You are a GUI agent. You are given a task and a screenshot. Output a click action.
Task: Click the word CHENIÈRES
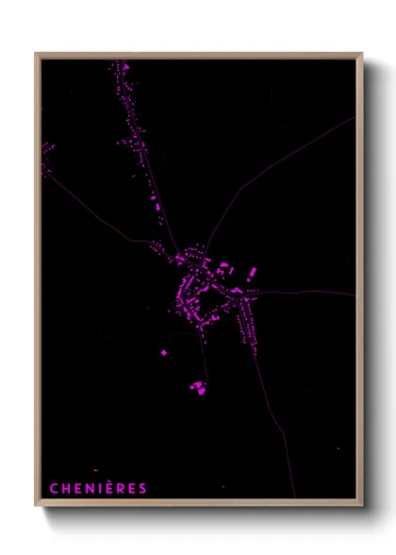98,488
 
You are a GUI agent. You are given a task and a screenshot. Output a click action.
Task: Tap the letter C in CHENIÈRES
53,488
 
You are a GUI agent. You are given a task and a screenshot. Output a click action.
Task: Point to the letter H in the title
65,488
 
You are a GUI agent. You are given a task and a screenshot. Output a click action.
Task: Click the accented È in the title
109,487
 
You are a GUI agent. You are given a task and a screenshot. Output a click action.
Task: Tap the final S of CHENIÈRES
143,488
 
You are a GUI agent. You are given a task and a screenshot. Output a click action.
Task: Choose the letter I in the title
99,488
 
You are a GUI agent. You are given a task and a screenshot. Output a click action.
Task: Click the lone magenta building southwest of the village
164,352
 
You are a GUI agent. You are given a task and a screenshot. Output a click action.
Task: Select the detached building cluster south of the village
198,387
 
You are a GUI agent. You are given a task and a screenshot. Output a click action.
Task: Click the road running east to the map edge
311,293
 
